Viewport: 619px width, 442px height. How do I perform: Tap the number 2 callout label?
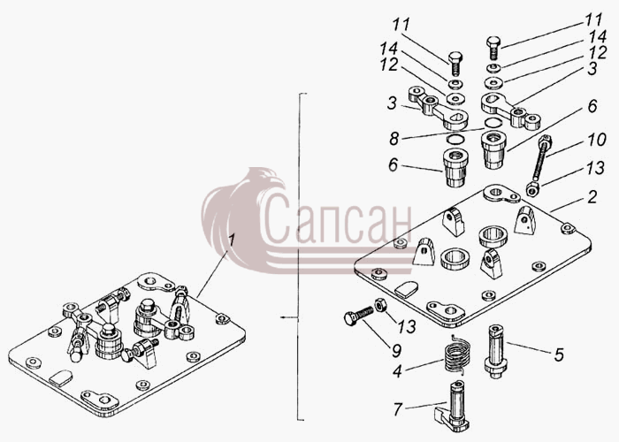pyautogui.click(x=592, y=197)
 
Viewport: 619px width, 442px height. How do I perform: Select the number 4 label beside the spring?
pyautogui.click(x=398, y=371)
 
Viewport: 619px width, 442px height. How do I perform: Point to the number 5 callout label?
pyautogui.click(x=559, y=354)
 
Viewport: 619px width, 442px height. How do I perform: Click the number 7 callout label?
pyautogui.click(x=398, y=409)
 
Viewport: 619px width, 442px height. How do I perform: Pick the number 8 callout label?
pyautogui.click(x=394, y=139)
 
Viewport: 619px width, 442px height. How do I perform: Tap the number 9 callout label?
pyautogui.click(x=396, y=350)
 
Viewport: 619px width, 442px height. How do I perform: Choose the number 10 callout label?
pyautogui.click(x=595, y=140)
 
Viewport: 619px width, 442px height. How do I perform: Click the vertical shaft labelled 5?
pyautogui.click(x=495, y=351)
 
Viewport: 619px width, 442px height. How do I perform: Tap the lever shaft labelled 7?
pyautogui.click(x=454, y=407)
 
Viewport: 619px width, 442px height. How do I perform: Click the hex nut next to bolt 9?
pyautogui.click(x=381, y=305)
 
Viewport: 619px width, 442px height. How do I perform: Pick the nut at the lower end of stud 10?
pyautogui.click(x=533, y=190)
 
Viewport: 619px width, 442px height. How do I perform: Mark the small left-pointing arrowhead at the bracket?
pyautogui.click(x=283, y=316)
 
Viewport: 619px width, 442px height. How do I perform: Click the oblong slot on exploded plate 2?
pyautogui.click(x=405, y=289)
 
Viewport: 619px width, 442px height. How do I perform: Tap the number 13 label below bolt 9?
pyautogui.click(x=407, y=326)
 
